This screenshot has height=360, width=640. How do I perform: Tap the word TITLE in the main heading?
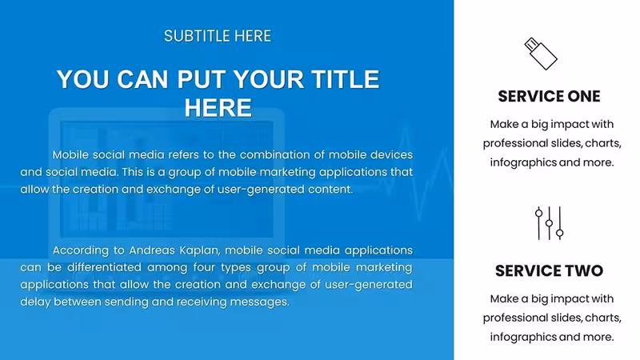[x=345, y=79]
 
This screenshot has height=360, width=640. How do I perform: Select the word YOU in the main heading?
[x=83, y=79]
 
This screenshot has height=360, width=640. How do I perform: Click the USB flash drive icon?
[x=541, y=54]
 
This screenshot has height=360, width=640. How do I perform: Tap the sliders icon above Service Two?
[x=550, y=223]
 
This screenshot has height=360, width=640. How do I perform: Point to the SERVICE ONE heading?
[x=549, y=96]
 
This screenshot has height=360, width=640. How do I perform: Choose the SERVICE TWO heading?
[x=549, y=270]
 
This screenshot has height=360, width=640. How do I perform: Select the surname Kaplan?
[x=200, y=250]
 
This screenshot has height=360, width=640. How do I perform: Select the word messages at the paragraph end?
[x=259, y=302]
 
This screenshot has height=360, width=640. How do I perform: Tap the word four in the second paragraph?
[x=204, y=267]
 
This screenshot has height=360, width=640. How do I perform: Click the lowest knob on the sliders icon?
[x=559, y=234]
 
